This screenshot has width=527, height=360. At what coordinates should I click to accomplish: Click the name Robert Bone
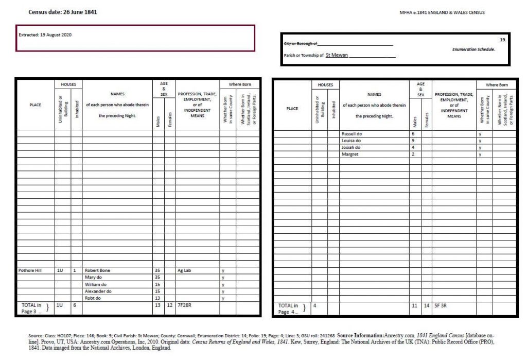pos(97,270)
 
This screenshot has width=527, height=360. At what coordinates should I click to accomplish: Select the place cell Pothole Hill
pos(30,270)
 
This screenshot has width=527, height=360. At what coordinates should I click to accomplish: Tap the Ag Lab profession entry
pos(184,270)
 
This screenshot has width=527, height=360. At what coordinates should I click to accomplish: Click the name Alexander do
pos(98,291)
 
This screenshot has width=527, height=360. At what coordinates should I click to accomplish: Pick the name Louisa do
pos(352,141)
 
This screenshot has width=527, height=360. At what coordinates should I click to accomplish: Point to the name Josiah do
pos(351,147)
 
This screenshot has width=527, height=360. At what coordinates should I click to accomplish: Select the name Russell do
pos(352,133)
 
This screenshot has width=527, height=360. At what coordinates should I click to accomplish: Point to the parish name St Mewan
pos(337,55)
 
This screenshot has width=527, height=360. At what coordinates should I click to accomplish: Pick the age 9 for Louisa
pos(413,141)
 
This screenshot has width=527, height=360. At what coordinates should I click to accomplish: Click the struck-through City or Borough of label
pos(301,44)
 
